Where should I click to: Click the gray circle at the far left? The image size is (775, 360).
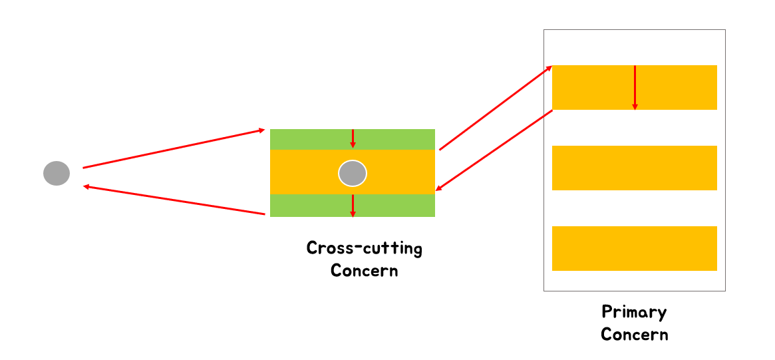pyautogui.click(x=57, y=173)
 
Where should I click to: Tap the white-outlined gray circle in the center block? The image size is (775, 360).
pyautogui.click(x=352, y=173)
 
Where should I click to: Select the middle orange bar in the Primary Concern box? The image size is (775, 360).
pyautogui.click(x=634, y=168)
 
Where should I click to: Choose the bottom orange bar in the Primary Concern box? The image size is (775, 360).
pyautogui.click(x=634, y=248)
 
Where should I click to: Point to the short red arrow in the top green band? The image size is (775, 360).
pyautogui.click(x=353, y=138)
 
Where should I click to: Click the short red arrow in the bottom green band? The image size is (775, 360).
pyautogui.click(x=353, y=206)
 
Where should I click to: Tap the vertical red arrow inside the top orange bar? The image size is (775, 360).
pyautogui.click(x=635, y=87)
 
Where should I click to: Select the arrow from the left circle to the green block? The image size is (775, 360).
pyautogui.click(x=174, y=148)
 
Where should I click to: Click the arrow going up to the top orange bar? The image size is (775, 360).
pyautogui.click(x=496, y=108)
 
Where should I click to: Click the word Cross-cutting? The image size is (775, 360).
pyautogui.click(x=364, y=249)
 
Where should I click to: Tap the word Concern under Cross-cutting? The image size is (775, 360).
pyautogui.click(x=364, y=271)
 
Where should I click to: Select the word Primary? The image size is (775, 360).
pyautogui.click(x=634, y=311)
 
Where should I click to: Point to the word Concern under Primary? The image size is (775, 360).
pyautogui.click(x=634, y=334)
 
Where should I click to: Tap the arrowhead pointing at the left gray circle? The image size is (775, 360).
pyautogui.click(x=87, y=187)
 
